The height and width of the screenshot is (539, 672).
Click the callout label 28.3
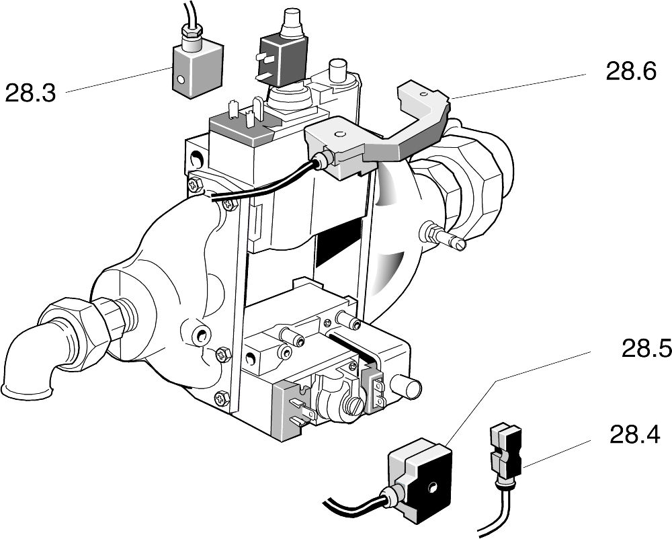pos(30,91)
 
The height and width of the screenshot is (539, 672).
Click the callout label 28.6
pos(630,71)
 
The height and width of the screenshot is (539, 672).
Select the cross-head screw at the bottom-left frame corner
pos(222,399)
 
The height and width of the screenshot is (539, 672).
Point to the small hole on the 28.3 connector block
pos(180,80)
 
